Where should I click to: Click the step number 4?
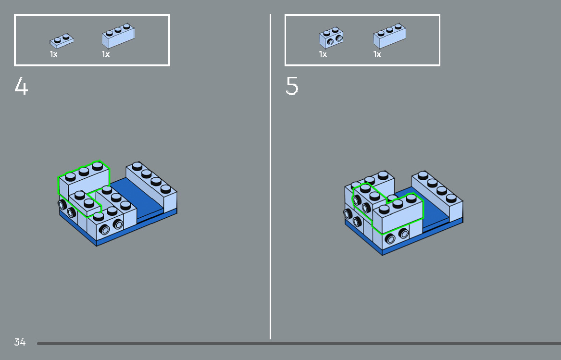pyautogui.click(x=21, y=86)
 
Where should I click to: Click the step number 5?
pyautogui.click(x=292, y=86)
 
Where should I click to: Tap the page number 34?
pyautogui.click(x=20, y=342)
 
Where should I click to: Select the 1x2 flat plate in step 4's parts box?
pyautogui.click(x=62, y=41)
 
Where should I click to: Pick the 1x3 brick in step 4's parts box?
pyautogui.click(x=118, y=36)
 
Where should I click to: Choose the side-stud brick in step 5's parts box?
pyautogui.click(x=331, y=37)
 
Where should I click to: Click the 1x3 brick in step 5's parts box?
pyautogui.click(x=389, y=36)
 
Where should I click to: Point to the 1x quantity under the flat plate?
pyautogui.click(x=53, y=54)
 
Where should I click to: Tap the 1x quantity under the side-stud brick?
pyautogui.click(x=323, y=54)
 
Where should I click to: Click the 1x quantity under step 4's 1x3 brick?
pyautogui.click(x=106, y=54)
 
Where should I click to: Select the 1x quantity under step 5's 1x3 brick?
pyautogui.click(x=377, y=54)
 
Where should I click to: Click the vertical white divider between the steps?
pyautogui.click(x=270, y=176)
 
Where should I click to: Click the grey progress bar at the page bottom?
pyautogui.click(x=299, y=344)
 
